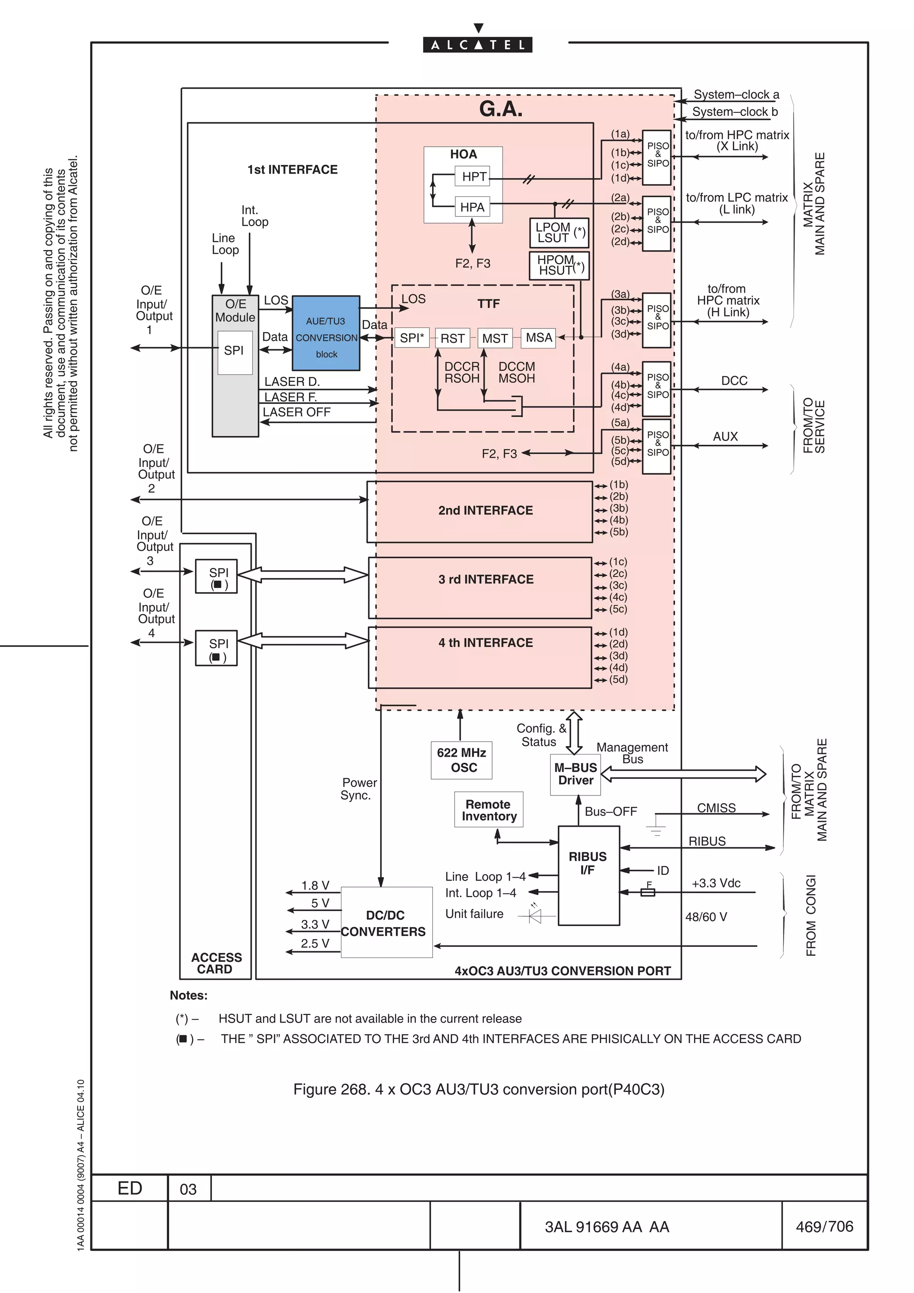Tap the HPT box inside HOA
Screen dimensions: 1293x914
click(474, 177)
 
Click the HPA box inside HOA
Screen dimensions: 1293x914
click(472, 207)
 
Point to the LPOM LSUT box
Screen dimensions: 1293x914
click(559, 232)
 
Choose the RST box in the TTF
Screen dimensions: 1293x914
click(452, 338)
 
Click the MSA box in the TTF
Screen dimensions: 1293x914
click(538, 337)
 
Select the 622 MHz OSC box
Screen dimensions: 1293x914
click(461, 760)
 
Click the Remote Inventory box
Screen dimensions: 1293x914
click(489, 810)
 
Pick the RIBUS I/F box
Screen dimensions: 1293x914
click(588, 874)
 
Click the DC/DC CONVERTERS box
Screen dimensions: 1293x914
click(386, 922)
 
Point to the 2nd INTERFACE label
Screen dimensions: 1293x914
click(486, 510)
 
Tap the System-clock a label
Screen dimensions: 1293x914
click(736, 95)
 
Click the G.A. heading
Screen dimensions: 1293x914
click(501, 109)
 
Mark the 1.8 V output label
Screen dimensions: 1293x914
click(315, 886)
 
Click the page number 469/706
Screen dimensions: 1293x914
click(824, 1227)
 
